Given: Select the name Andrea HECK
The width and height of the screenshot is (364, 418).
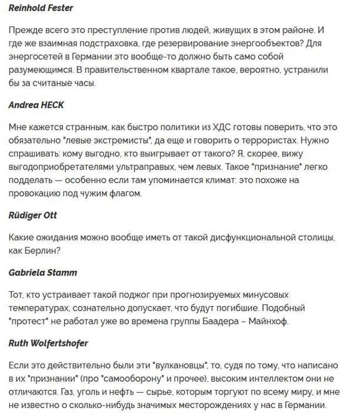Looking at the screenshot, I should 36,105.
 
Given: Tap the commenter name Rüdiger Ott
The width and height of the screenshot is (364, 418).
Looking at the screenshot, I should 33,215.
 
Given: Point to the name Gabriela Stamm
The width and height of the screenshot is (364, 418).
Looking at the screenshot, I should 43,273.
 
